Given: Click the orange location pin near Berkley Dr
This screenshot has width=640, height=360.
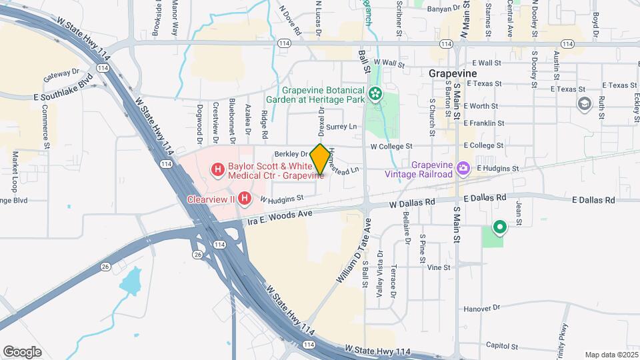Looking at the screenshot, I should click(319, 159).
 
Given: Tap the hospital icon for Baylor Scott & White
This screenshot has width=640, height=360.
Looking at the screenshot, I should click(217, 171).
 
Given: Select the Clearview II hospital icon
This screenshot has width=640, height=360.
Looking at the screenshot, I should click(245, 198).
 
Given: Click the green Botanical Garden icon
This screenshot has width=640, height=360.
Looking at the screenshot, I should click(377, 94).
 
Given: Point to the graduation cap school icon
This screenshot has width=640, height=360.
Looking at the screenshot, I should click(585, 103).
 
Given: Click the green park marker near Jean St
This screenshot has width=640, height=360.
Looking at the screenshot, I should click(499, 228).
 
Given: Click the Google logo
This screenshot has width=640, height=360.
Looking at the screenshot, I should click(23, 351).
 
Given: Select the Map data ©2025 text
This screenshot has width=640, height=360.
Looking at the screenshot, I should click(611, 355).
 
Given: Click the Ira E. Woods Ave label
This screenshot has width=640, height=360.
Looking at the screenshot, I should click(280, 216).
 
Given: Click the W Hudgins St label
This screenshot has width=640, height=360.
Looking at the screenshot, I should click(281, 198).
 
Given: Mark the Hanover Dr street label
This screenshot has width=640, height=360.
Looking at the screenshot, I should click(481, 308).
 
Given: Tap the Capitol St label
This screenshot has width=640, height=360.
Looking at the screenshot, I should click(501, 345).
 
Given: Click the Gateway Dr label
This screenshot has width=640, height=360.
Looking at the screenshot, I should click(61, 75).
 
